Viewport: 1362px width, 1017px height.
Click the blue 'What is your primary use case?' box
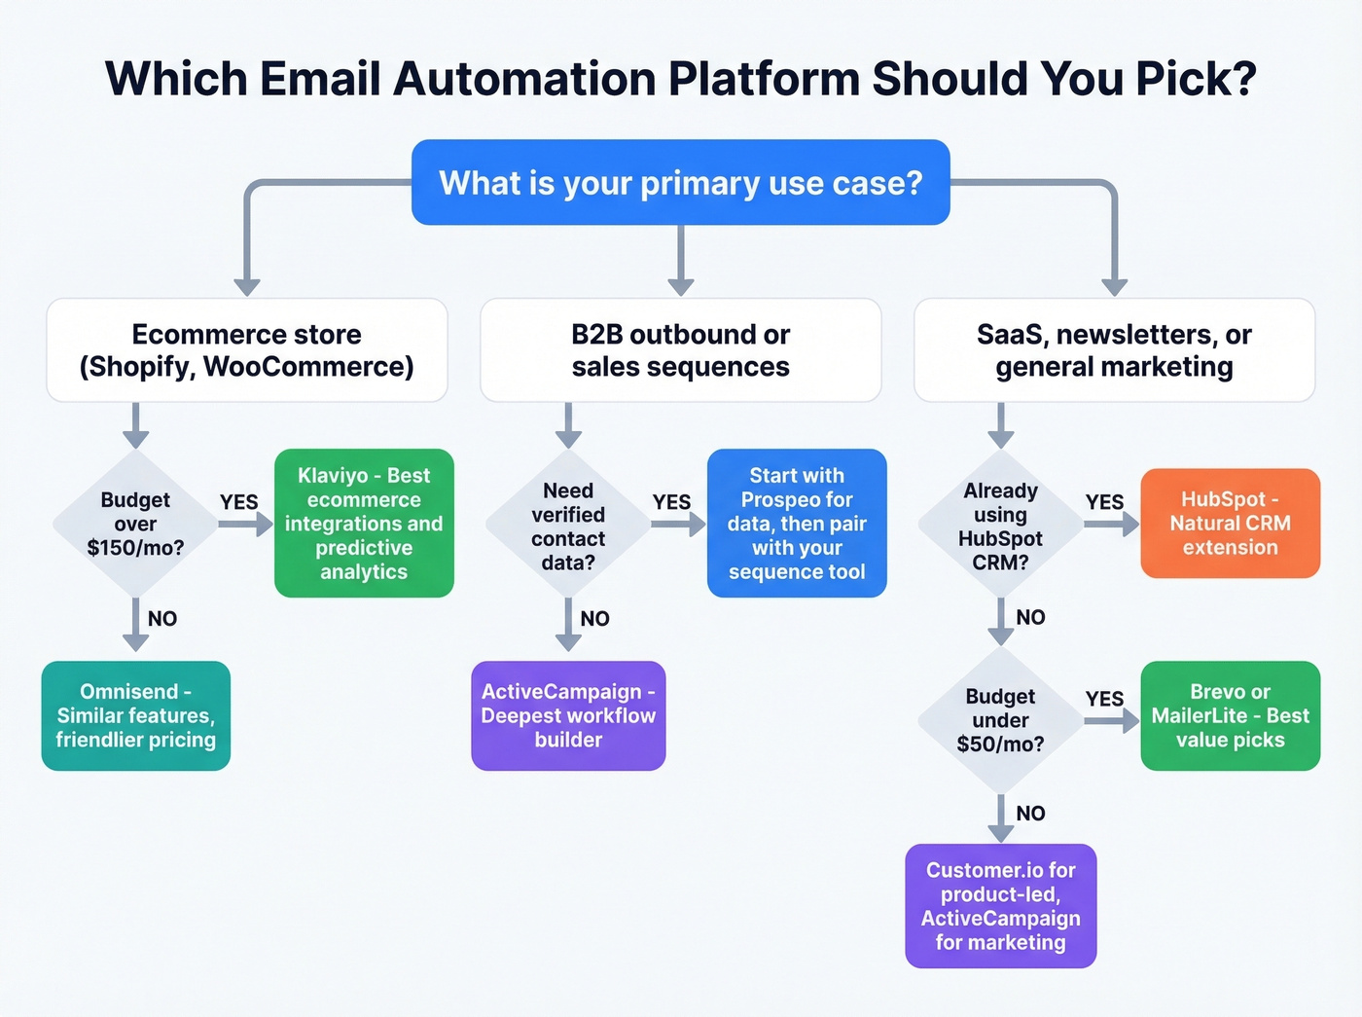click(x=680, y=183)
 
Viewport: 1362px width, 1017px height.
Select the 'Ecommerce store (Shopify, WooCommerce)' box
click(x=247, y=350)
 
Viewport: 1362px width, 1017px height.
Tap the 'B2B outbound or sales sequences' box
click(x=680, y=350)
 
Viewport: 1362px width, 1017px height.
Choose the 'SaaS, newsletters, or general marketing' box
click(x=1114, y=350)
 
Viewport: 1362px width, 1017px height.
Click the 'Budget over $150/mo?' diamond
click(x=135, y=524)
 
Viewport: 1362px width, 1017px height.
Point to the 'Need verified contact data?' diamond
click(x=568, y=526)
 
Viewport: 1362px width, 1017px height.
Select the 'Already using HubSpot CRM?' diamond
click(x=1000, y=526)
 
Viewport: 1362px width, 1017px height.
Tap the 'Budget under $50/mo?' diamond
click(x=1000, y=720)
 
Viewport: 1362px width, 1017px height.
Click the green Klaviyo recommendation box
click(x=364, y=524)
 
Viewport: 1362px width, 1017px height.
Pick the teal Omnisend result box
click(x=135, y=716)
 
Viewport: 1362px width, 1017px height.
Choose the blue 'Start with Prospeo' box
click(x=797, y=524)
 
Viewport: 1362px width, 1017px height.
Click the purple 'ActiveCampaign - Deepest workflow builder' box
click(x=568, y=716)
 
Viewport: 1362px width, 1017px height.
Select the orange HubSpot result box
click(x=1230, y=524)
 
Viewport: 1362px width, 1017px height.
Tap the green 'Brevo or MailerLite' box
click(x=1230, y=716)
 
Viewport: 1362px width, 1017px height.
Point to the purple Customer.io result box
click(x=1000, y=906)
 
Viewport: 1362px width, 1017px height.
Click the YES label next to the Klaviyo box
click(x=238, y=502)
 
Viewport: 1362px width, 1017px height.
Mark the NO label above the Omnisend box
click(x=162, y=619)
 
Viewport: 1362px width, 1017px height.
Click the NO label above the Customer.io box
click(x=1030, y=814)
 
